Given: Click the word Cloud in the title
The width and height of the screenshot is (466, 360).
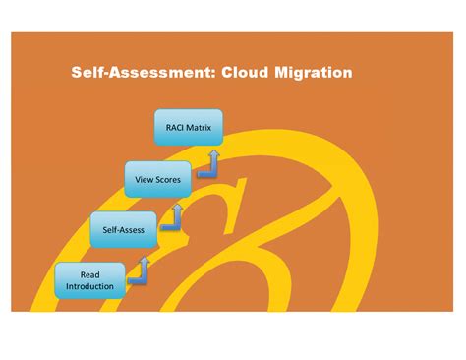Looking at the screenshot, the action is tap(250, 73).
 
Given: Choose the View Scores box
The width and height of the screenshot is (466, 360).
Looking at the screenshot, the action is tap(156, 178).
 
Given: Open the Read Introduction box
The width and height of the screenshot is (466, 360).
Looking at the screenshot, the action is tap(89, 280).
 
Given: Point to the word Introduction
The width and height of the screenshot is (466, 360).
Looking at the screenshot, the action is tap(89, 287).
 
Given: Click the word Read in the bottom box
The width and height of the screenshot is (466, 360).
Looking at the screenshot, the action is tap(89, 274).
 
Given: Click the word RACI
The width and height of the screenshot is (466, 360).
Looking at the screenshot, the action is tap(175, 127).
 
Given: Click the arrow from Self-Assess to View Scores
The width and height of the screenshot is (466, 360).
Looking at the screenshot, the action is tap(175, 217).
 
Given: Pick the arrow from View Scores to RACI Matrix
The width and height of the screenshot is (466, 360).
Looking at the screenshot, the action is tap(208, 164).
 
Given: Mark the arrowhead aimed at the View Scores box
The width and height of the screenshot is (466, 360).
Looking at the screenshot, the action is tap(178, 207).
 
